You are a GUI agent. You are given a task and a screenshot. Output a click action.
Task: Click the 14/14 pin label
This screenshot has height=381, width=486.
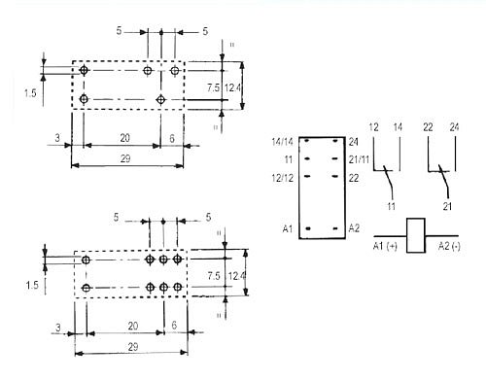click(x=282, y=142)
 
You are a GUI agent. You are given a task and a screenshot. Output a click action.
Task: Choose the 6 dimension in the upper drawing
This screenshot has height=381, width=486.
click(x=173, y=137)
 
